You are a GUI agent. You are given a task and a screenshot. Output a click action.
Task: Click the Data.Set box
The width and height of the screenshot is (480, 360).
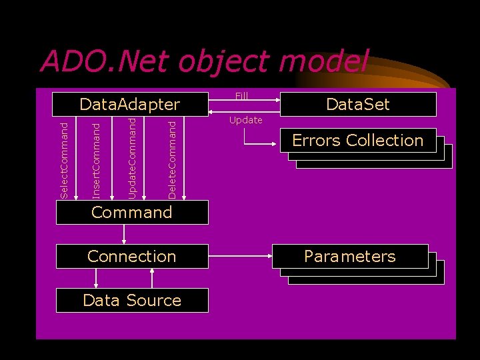pos(358,104)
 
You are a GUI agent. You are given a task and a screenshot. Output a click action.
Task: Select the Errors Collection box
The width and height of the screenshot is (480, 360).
pos(358,140)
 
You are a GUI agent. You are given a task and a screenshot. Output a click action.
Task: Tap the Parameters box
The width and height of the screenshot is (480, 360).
pos(350,256)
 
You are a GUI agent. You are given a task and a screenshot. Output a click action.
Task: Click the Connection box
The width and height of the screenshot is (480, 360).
pos(132,256)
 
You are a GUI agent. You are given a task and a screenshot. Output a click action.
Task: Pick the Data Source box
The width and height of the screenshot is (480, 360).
pos(132,300)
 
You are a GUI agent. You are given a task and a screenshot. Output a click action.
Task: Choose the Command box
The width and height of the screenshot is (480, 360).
pos(132,212)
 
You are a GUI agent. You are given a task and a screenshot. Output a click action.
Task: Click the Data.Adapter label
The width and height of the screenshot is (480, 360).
pos(130,104)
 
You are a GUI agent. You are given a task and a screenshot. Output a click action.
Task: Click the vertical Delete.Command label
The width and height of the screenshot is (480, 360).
pos(173,159)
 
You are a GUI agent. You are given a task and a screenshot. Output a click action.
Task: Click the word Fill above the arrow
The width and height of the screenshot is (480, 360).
pos(241,96)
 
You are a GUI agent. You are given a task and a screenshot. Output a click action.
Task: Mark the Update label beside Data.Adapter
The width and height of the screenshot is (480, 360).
pos(245,121)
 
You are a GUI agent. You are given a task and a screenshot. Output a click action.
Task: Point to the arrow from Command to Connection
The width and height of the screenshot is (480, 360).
pos(124,234)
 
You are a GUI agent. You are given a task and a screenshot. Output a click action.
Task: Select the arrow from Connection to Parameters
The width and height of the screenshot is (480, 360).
pos(240,255)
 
